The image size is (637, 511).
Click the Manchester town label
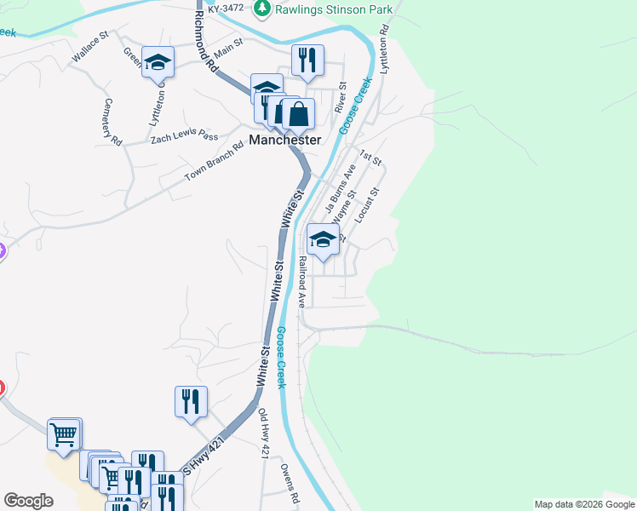click(x=285, y=140)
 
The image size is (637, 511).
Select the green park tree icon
click(x=263, y=9)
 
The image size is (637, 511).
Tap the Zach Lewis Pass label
click(x=184, y=135)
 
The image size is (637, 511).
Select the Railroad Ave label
click(x=301, y=284)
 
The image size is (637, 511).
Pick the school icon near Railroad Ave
click(x=322, y=240)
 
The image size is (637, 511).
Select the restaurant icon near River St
click(x=307, y=60)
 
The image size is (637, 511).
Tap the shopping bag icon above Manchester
click(x=298, y=113)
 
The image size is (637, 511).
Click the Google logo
click(x=28, y=501)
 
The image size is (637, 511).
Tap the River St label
click(x=341, y=98)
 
